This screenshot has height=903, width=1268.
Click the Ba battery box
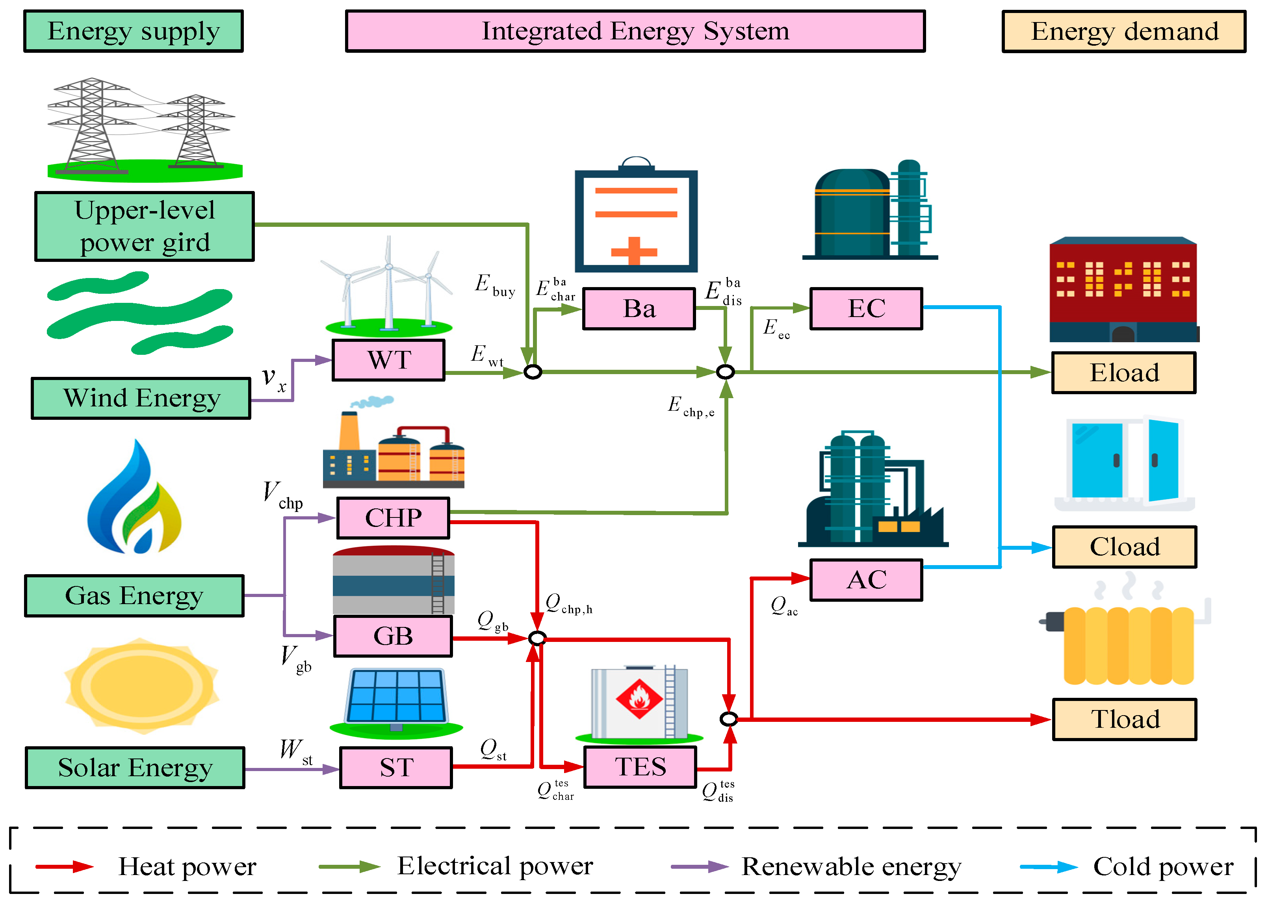[x=639, y=309]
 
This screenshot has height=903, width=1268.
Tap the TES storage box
[x=640, y=767]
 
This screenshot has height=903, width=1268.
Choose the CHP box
[x=393, y=518]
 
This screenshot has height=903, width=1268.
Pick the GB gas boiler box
[x=393, y=636]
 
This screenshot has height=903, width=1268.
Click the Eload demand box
[x=1123, y=373]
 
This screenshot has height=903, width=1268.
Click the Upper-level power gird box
[x=145, y=226]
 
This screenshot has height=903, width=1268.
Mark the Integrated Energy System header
[x=635, y=31]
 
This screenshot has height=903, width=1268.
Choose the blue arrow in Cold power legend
[x=1048, y=866]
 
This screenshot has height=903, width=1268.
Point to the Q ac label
[x=783, y=606]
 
